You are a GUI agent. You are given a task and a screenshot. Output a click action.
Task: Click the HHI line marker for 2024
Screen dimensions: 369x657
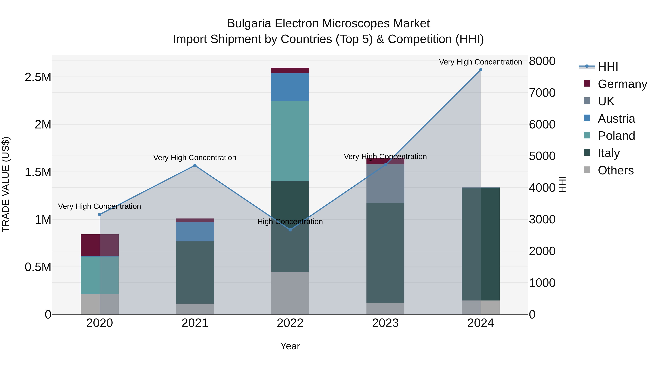481,70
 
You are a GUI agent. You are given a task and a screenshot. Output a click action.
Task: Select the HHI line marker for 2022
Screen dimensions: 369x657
290,230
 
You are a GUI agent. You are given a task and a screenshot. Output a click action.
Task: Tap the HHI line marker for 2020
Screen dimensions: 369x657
100,214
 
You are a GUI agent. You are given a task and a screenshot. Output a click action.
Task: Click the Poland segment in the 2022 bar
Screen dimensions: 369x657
290,141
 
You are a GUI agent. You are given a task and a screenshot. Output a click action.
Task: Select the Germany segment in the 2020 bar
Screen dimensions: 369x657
100,245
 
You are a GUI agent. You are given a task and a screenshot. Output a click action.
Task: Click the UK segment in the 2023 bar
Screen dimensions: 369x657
385,183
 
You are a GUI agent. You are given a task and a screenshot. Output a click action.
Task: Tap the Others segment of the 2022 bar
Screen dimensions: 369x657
290,293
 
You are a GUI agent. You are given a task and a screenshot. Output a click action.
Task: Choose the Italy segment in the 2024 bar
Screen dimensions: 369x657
481,245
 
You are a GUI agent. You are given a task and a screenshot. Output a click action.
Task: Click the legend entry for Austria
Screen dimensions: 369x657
616,119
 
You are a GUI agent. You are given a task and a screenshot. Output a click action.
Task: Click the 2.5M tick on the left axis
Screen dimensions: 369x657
38,77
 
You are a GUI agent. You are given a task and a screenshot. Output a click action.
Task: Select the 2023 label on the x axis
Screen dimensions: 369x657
385,323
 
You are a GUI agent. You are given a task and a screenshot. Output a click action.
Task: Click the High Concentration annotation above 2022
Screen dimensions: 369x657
290,222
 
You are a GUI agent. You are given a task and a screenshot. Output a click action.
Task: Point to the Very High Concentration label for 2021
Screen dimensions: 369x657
195,158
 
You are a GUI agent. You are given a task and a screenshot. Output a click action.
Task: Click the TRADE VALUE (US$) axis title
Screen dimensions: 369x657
6,184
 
